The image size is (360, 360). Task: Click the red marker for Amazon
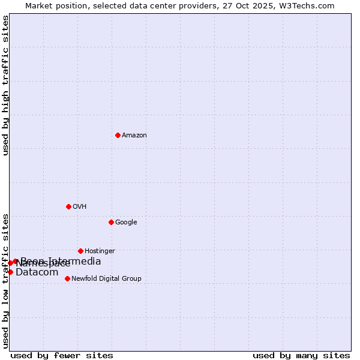click(x=118, y=135)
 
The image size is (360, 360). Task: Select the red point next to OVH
click(x=68, y=206)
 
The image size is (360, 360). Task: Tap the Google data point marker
click(x=111, y=222)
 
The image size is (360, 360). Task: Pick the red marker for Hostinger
click(x=80, y=251)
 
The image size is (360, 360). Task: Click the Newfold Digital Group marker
click(x=67, y=278)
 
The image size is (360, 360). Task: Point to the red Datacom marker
click(x=10, y=272)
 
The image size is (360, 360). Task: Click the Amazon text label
click(x=134, y=136)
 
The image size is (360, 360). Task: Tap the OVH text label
click(x=80, y=207)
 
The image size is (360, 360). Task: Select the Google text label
click(x=126, y=223)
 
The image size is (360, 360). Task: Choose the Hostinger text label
click(x=100, y=251)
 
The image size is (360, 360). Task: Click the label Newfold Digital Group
click(x=106, y=279)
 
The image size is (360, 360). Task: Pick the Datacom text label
click(x=37, y=272)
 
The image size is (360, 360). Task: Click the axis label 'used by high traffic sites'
click(x=5, y=86)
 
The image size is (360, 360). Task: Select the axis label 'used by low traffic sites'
click(x=5, y=281)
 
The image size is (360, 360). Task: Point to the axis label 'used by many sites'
click(x=301, y=355)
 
